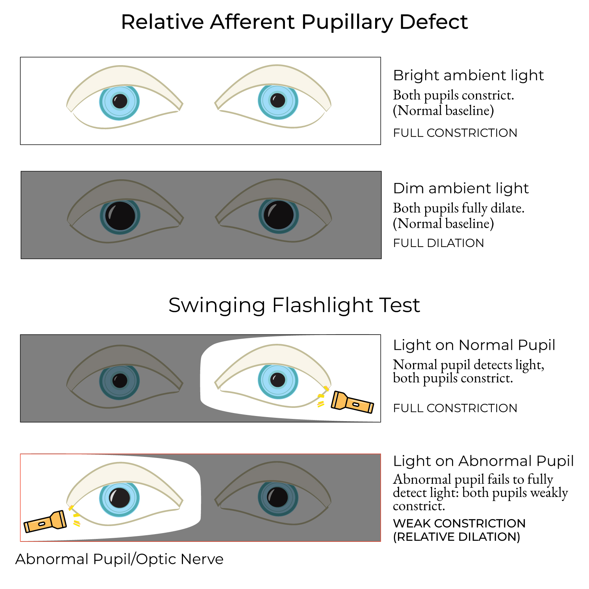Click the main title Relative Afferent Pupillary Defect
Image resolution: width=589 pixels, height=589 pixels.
294,22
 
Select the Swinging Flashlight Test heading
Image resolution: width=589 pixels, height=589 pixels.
294,305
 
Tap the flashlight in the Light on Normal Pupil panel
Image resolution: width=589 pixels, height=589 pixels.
352,402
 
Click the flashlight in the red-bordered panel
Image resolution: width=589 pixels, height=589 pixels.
45,521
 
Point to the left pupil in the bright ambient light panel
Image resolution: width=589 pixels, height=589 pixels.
120,101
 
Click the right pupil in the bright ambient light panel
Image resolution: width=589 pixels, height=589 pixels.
278,100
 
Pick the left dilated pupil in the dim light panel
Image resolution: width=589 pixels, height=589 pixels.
120,216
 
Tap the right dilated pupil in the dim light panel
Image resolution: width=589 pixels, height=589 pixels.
279,215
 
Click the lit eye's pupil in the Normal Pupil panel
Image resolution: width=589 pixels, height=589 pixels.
278,380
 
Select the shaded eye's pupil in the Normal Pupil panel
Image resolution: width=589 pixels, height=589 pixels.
120,381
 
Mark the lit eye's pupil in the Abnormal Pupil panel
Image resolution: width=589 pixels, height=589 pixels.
119,498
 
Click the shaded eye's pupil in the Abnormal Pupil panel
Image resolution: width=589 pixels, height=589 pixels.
278,497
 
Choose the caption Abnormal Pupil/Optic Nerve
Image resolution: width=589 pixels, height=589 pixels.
119,559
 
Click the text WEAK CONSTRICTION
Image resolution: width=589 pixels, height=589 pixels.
459,523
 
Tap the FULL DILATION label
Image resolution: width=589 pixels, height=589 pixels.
438,243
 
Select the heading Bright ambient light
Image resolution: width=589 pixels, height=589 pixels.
468,75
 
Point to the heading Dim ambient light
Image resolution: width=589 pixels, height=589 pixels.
461,188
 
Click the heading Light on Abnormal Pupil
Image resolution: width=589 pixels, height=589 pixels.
483,461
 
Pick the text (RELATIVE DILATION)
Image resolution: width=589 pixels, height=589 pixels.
456,537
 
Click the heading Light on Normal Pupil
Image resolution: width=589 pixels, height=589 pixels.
474,345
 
